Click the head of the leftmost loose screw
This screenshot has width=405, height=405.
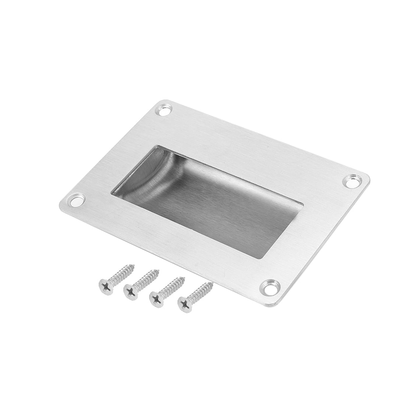click(x=105, y=285)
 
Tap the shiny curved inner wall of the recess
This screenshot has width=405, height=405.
click(x=144, y=173)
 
